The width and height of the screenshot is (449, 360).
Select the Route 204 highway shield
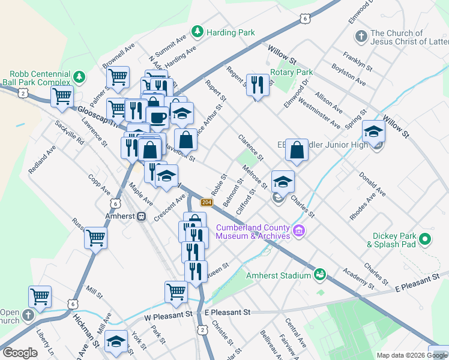pos(206,203)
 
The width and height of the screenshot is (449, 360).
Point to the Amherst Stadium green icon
pos(320,275)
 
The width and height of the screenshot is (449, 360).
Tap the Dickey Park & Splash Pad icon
pos(426,239)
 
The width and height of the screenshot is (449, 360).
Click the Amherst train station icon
pos(142,217)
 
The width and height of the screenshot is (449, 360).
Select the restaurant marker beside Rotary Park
pos(258,85)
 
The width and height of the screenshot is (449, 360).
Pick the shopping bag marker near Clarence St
pos(297,151)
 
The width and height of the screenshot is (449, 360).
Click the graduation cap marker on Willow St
pos(373,132)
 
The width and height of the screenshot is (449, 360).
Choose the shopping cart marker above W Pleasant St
pos(176,292)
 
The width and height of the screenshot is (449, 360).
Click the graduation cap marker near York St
pos(115,341)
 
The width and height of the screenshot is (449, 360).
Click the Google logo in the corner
pos(19,353)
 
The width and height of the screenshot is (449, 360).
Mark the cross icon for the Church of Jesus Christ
pos(361,37)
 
